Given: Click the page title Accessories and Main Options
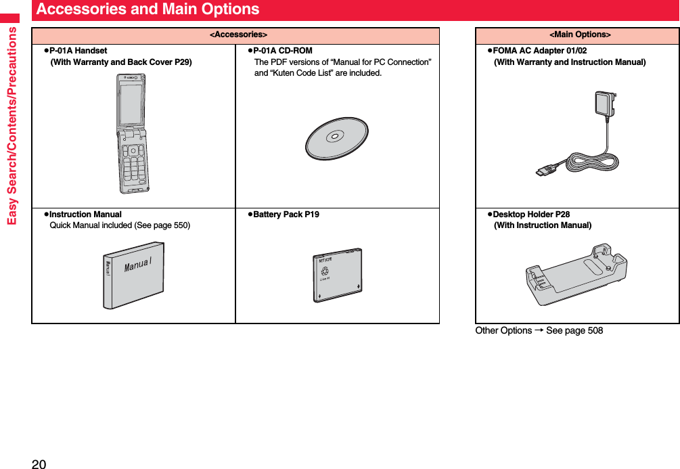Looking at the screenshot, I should pos(148,9).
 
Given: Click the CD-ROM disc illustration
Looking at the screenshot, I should pos(336,138).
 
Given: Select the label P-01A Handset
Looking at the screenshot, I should pos(78,51).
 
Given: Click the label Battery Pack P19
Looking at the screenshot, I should pos(286,215).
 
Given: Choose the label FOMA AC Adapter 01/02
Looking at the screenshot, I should pos(540,51).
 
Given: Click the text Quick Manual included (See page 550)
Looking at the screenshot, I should pos(120,225).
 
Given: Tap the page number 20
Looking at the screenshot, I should pos(39,463).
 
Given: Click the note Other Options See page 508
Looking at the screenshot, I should pos(539,330).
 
